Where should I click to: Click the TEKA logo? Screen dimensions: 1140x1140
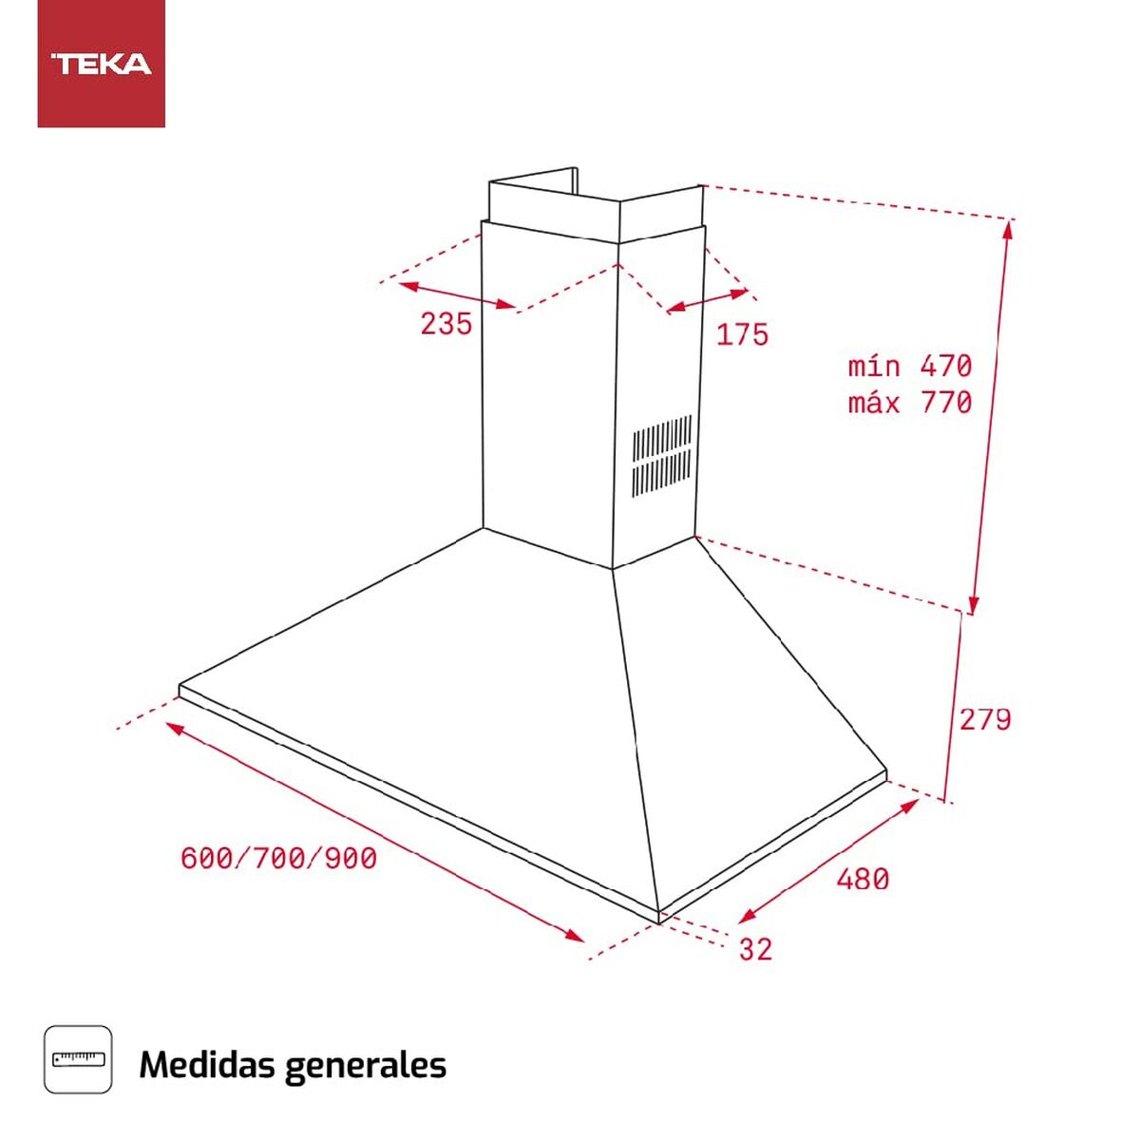tap(101, 64)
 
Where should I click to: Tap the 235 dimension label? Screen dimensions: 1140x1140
tap(446, 324)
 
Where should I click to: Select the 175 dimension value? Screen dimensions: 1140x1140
tap(742, 334)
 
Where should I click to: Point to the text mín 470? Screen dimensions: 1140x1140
tap(910, 366)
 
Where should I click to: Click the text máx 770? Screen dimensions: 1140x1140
tap(910, 403)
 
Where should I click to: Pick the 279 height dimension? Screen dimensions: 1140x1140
tap(985, 720)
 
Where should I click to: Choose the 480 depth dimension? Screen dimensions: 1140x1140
tap(863, 879)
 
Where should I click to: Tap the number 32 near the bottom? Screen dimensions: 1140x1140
tap(755, 949)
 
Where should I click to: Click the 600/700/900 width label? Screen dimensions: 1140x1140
tap(278, 859)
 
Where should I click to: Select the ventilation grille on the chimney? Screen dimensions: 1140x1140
tap(662, 456)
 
